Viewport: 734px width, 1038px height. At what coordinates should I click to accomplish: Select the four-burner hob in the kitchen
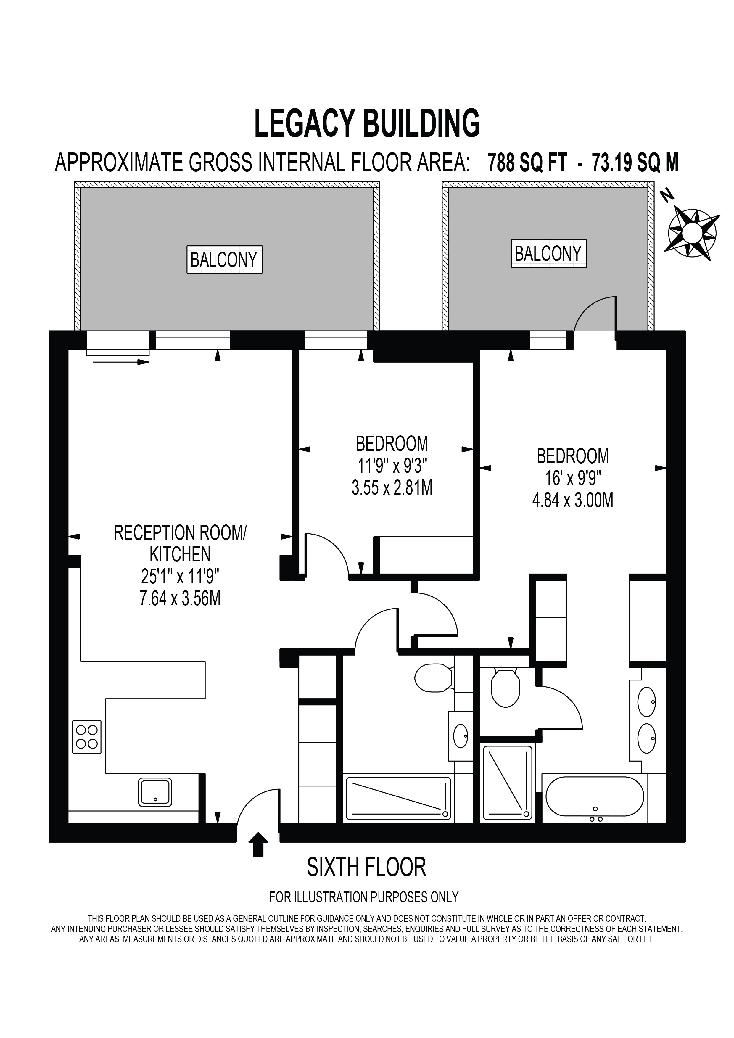(87, 737)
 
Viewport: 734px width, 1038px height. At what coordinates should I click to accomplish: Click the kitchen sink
(155, 792)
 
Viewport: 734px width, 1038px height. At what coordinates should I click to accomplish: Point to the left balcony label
(224, 260)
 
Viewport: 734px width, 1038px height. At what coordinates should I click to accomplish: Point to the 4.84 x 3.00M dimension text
(573, 501)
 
